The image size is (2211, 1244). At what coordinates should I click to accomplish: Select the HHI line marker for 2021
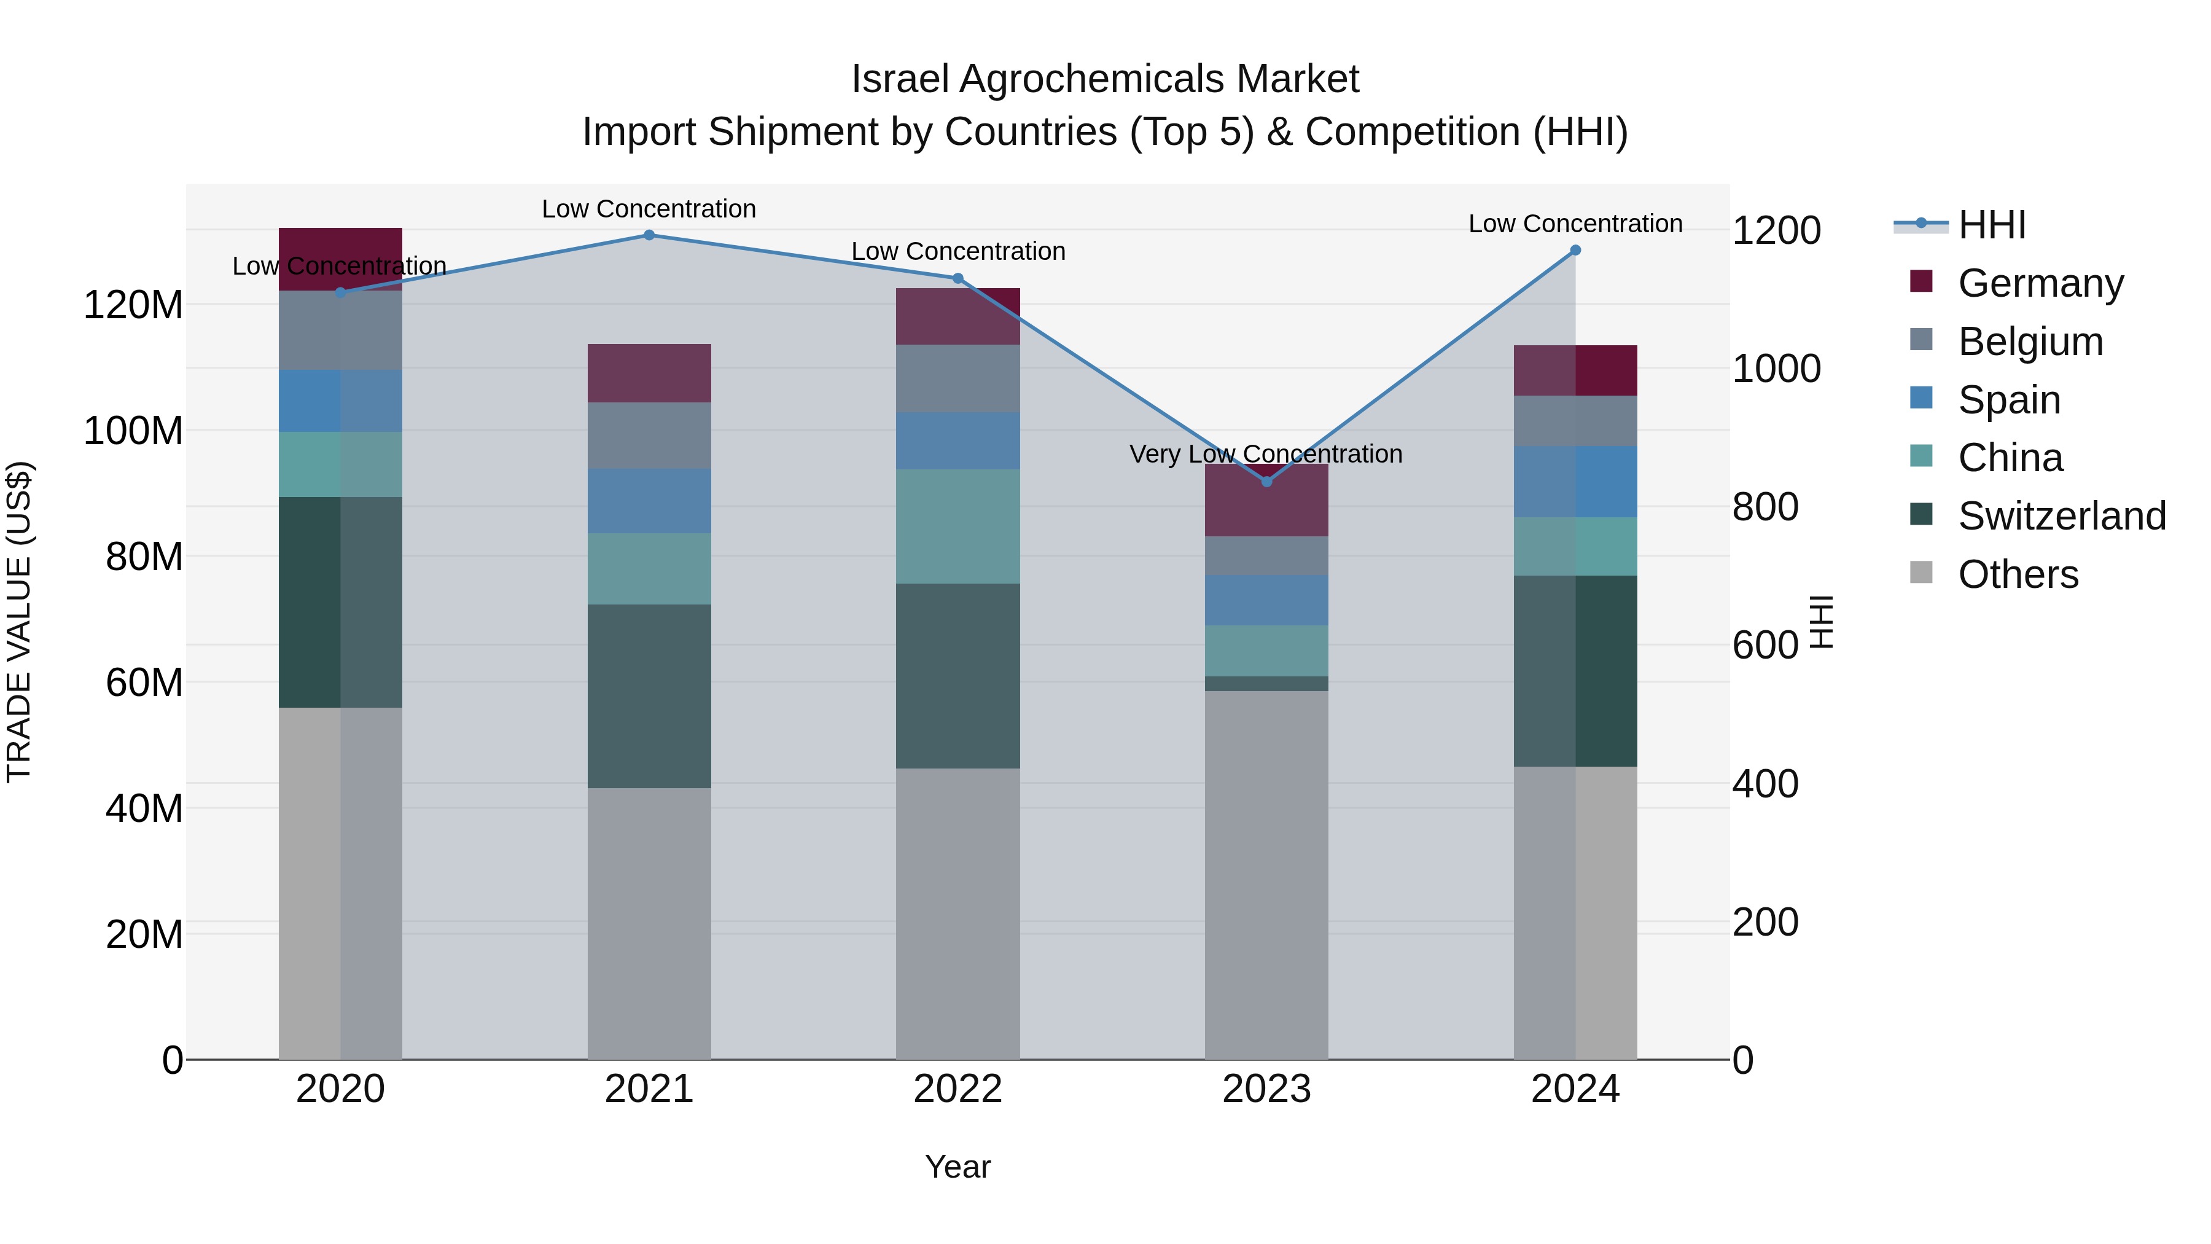point(649,235)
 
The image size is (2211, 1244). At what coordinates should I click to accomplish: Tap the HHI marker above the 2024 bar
point(1575,251)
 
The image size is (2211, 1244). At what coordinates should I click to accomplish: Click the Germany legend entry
point(2040,283)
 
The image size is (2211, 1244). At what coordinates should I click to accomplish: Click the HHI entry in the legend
point(1991,225)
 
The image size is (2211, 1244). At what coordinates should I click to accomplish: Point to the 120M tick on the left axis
point(133,305)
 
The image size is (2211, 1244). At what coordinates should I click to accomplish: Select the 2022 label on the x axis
point(958,1089)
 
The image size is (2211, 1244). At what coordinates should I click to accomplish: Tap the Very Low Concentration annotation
point(1266,453)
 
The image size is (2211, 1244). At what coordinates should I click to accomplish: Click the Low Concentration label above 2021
point(649,209)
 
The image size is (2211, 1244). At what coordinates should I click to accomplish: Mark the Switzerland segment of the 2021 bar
point(649,695)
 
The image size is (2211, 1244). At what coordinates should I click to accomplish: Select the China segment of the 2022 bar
point(958,526)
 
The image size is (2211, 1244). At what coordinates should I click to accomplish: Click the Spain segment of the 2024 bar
point(1575,482)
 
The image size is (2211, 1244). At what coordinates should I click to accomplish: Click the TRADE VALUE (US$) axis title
point(19,622)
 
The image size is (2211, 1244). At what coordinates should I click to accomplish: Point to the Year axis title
point(958,1167)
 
